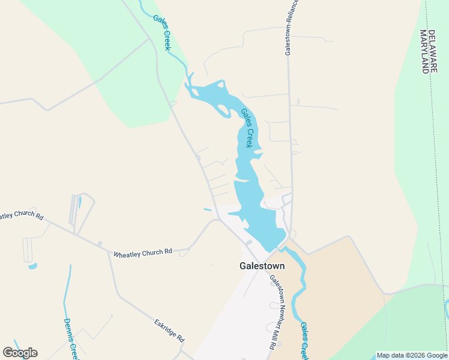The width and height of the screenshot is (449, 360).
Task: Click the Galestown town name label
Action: pos(262,266)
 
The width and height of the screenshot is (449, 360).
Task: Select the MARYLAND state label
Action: pos(425,51)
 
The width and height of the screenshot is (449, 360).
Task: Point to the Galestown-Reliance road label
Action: pos(291,28)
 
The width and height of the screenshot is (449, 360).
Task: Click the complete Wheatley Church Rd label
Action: pos(143,253)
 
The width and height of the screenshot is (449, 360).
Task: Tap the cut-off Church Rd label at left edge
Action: pos(22,215)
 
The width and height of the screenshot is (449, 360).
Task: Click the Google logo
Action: pos(20,353)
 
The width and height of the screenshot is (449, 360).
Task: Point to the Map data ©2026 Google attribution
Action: pos(412,355)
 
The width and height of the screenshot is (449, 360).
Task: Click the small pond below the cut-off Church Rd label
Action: pos(32,265)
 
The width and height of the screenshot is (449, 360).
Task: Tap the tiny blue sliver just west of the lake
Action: pos(208,209)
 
